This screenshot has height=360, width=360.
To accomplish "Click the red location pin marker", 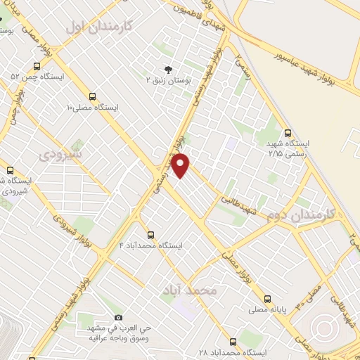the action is pos(181,165).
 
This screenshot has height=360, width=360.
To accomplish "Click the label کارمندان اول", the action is pos(99,27).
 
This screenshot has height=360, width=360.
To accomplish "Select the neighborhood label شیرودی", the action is pos(60,153).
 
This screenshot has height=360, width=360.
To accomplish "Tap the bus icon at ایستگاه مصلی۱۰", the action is pos(92,96).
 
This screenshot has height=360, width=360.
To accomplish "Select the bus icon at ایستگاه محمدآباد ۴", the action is pos(150,235).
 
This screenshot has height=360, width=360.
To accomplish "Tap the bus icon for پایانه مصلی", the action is pos(269,297).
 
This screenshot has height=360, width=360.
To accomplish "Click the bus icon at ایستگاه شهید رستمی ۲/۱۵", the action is pos(288,131).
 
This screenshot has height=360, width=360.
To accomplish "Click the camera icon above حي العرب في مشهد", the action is pos(117,318).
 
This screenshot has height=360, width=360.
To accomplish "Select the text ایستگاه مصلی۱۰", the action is pos(92,108).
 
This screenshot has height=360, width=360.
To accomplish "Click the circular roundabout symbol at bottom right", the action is pos(324,328).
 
